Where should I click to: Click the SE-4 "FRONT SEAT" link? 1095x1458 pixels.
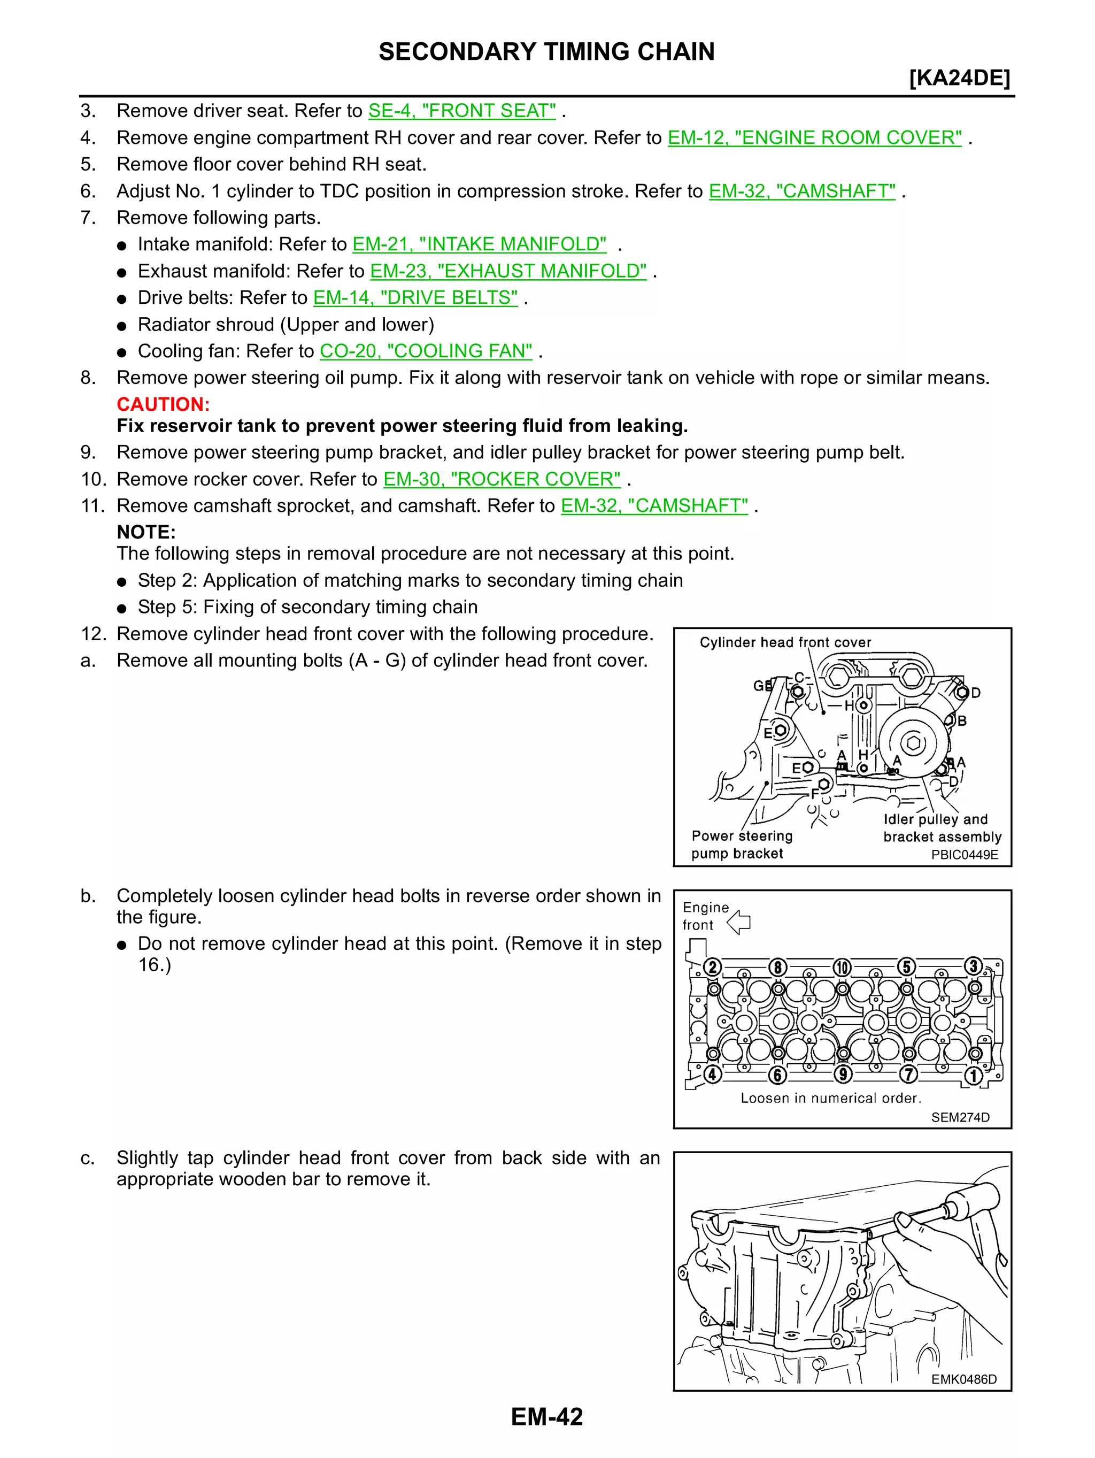(x=462, y=111)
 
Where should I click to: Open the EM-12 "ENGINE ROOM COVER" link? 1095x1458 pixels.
(x=814, y=138)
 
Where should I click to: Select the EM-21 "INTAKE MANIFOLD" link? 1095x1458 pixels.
(x=479, y=244)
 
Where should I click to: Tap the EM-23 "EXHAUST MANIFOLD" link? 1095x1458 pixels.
(x=508, y=271)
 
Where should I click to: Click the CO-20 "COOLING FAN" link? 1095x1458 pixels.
(x=426, y=351)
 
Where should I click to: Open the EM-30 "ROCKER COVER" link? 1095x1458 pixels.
(x=502, y=479)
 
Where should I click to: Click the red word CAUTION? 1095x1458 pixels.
(x=163, y=404)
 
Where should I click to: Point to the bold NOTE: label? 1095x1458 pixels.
(x=146, y=532)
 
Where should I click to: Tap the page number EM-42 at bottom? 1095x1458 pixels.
(x=546, y=1416)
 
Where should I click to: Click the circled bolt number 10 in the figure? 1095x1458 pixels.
(x=842, y=968)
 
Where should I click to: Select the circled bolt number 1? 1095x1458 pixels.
(x=973, y=1075)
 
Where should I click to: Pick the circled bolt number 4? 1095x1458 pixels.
(x=712, y=1075)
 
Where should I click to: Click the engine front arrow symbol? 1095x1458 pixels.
(x=739, y=922)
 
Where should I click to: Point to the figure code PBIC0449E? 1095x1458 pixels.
(x=964, y=855)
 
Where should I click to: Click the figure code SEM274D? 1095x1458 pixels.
(x=960, y=1117)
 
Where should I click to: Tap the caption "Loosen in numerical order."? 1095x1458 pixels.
(x=830, y=1098)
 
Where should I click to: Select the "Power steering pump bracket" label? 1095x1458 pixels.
(x=741, y=845)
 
